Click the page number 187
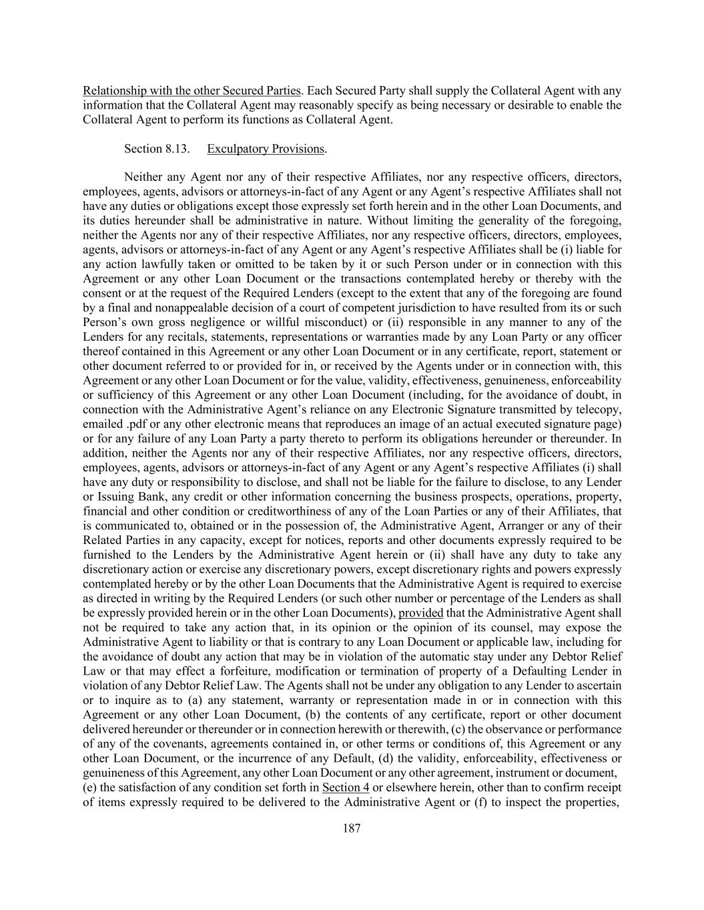pyautogui.click(x=352, y=829)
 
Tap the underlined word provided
pyautogui.click(x=420, y=613)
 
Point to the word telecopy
pyautogui.click(x=599, y=409)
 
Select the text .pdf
pyautogui.click(x=131, y=424)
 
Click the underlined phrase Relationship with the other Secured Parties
pyautogui.click(x=192, y=91)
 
